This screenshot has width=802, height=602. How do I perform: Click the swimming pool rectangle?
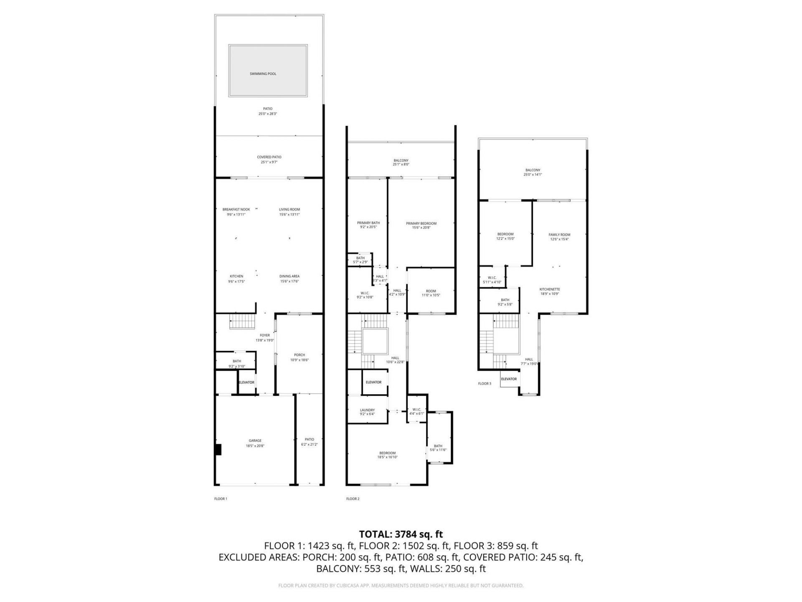point(268,71)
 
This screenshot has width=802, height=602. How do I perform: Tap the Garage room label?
point(255,441)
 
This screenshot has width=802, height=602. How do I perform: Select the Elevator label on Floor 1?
point(246,383)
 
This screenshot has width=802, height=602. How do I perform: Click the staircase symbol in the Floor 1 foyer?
point(242,323)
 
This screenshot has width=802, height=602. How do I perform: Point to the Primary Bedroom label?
point(421,224)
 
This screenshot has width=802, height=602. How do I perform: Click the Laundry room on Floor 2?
point(367,410)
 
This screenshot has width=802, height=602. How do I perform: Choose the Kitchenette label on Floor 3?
point(549,289)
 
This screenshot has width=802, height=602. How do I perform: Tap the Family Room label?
point(559,235)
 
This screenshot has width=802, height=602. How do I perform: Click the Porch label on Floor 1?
point(299,355)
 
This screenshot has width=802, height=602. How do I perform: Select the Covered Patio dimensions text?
point(269,162)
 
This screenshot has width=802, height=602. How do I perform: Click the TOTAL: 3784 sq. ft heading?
point(401,534)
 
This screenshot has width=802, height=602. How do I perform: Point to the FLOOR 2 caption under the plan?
point(353,499)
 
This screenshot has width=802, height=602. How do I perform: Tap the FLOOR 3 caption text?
point(485,383)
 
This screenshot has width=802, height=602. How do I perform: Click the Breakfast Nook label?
point(236,209)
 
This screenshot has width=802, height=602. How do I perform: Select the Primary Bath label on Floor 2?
point(368,223)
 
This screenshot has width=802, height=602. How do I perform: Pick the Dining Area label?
point(289,276)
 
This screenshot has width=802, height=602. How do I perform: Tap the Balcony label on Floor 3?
point(533,170)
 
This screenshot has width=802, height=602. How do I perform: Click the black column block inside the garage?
point(218,450)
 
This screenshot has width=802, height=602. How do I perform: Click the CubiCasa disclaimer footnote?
point(401,586)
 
